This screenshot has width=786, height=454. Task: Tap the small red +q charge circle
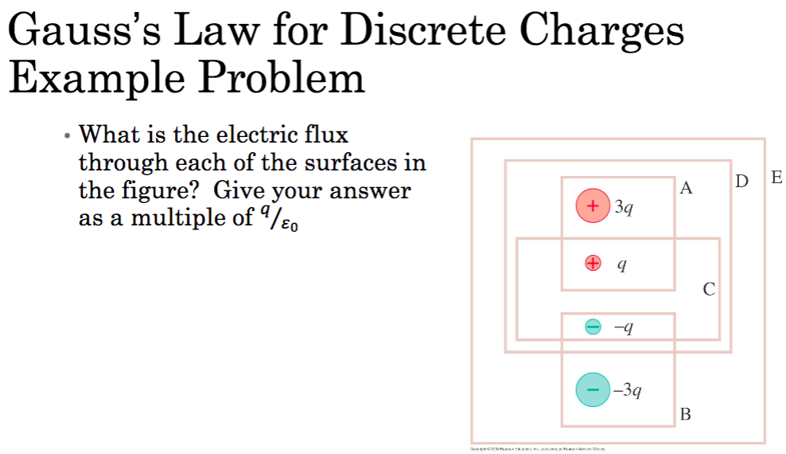pos(593,264)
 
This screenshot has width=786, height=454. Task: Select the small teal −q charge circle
pos(593,326)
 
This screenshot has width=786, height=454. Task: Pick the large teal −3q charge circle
pos(593,389)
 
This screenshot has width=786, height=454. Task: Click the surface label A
pos(687,189)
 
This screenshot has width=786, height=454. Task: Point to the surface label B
pos(686,414)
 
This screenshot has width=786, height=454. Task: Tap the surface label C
pos(709,289)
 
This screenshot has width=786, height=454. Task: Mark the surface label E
pos(776,178)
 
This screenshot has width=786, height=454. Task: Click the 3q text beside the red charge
pos(625,208)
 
